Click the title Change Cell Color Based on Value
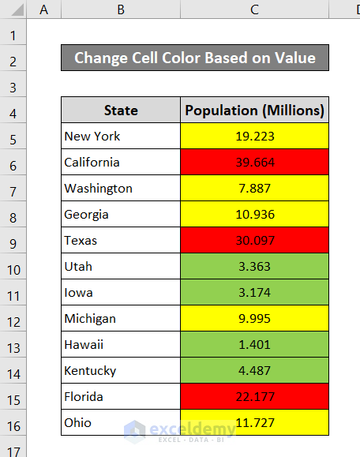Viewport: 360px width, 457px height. pyautogui.click(x=194, y=58)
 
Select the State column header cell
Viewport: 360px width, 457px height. pyautogui.click(x=121, y=111)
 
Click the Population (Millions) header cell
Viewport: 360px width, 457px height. pyautogui.click(x=254, y=111)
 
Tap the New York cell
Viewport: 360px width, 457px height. pyautogui.click(x=121, y=137)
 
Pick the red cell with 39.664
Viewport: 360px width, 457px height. pyautogui.click(x=254, y=163)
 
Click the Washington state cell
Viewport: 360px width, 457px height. pyautogui.click(x=121, y=189)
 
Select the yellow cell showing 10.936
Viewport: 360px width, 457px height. pyautogui.click(x=254, y=215)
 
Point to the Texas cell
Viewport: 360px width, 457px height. pyautogui.click(x=121, y=241)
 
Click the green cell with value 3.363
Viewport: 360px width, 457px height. pyautogui.click(x=254, y=267)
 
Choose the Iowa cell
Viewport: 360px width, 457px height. pyautogui.click(x=121, y=293)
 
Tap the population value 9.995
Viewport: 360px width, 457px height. pyautogui.click(x=254, y=319)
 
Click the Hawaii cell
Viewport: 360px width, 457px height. pyautogui.click(x=121, y=345)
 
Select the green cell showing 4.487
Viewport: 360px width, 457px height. pyautogui.click(x=254, y=371)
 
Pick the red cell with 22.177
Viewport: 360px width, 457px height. pyautogui.click(x=254, y=397)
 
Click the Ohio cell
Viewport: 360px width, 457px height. pyautogui.click(x=121, y=423)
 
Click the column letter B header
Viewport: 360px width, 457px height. pyautogui.click(x=121, y=9)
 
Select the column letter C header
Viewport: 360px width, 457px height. pyautogui.click(x=254, y=9)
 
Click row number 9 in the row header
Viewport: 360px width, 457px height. pyautogui.click(x=13, y=241)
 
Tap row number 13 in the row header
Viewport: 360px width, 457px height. pyautogui.click(x=13, y=345)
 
